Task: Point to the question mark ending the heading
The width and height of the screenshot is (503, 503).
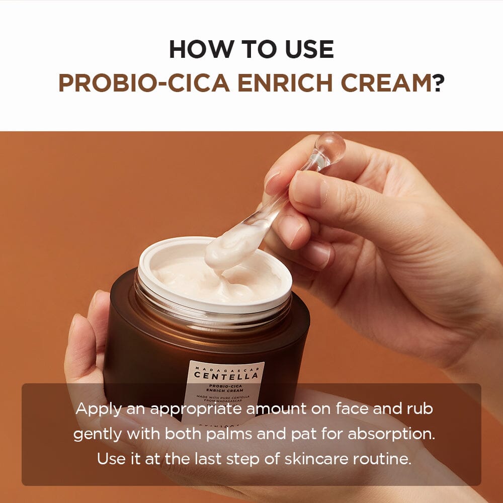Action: click(x=438, y=83)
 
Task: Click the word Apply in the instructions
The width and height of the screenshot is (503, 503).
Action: click(x=98, y=409)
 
